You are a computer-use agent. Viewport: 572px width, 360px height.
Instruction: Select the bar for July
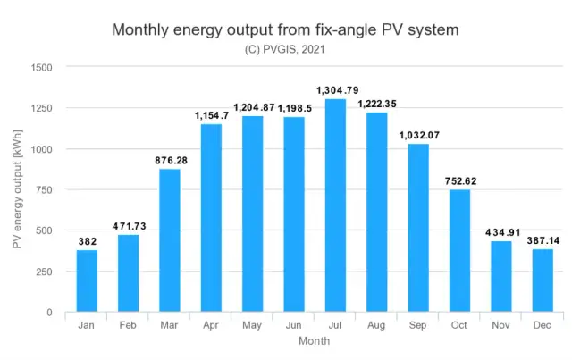pos(335,205)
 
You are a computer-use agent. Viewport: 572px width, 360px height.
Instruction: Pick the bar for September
pos(418,228)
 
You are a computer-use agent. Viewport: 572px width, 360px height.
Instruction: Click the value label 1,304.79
pos(335,89)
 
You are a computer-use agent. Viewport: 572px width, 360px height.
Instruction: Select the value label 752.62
pos(459,180)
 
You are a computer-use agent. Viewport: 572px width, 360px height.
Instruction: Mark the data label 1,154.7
pos(211,115)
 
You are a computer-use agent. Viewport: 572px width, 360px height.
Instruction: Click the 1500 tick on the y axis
pos(41,67)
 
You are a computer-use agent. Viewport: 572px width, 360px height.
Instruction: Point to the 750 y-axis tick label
pos(45,189)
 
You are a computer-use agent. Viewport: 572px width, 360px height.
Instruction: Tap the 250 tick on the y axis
pos(45,272)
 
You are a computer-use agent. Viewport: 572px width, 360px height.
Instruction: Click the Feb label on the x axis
pos(128,325)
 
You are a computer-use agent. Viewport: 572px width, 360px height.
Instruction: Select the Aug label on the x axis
pos(376,325)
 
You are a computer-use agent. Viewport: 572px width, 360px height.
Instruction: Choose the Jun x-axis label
pos(293,325)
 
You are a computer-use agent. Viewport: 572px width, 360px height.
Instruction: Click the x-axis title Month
pos(314,341)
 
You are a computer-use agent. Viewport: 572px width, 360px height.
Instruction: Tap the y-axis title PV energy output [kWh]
pos(16,189)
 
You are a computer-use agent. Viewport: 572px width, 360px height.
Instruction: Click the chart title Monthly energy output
pos(285,29)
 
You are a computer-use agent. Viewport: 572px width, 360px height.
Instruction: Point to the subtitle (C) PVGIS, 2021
pos(285,49)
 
